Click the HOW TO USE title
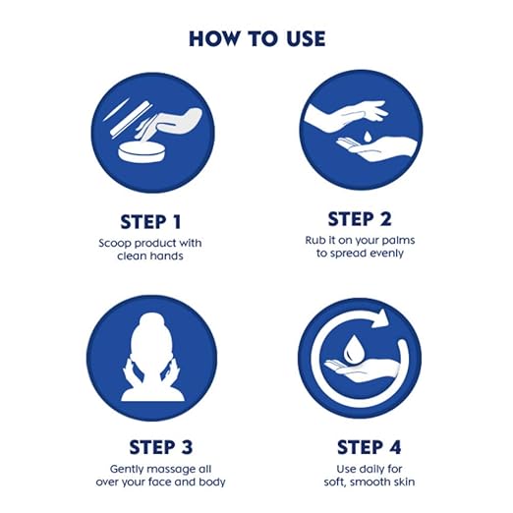pos(257,38)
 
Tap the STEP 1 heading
pos(150,222)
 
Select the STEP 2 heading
pos(360,219)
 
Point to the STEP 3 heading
pos(161,447)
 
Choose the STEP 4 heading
pos(370,447)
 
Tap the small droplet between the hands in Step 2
pos(368,137)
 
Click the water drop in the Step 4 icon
pos(352,348)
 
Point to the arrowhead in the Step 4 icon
pos(381,317)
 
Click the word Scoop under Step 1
pos(115,244)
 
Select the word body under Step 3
pos(213,482)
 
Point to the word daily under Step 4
pos(370,469)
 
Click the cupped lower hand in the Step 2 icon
pos(376,149)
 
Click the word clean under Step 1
pos(132,256)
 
